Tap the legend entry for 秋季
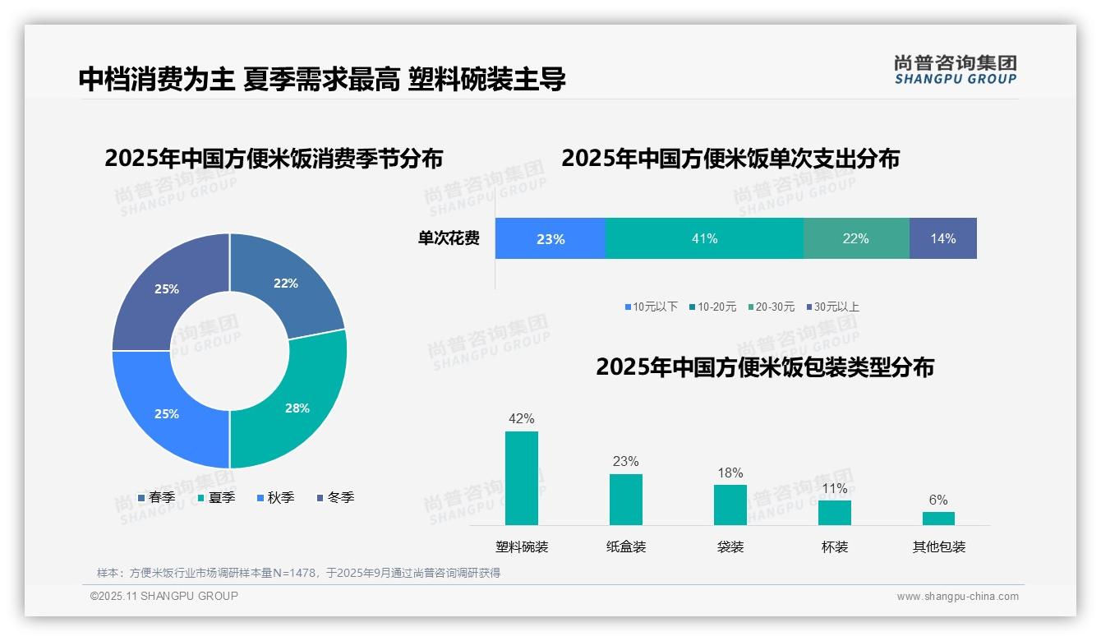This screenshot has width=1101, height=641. [274, 497]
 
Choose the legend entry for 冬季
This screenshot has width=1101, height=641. [334, 497]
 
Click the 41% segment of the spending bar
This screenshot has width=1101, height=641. [704, 238]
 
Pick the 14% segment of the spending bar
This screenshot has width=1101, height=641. [942, 238]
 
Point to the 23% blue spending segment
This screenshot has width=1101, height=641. [550, 238]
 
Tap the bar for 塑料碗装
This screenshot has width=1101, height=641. [522, 477]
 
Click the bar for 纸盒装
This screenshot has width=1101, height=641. [625, 499]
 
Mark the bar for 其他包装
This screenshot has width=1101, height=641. [938, 518]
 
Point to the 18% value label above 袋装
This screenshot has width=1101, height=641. [730, 473]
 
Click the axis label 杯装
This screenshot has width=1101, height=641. [835, 546]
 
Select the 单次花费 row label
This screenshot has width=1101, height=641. [449, 238]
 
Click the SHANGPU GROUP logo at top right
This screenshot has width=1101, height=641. [955, 70]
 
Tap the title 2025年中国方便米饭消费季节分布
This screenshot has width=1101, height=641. [274, 158]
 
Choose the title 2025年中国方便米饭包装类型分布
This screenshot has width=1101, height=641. [765, 367]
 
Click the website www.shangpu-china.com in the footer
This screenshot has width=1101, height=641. [957, 596]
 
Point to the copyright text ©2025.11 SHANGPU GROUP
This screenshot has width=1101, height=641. [164, 596]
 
